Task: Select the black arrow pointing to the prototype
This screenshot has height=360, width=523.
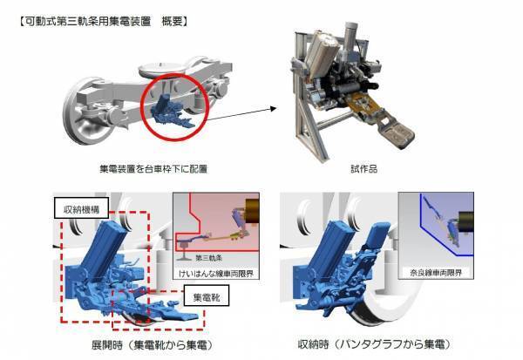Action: coord(248,109)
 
